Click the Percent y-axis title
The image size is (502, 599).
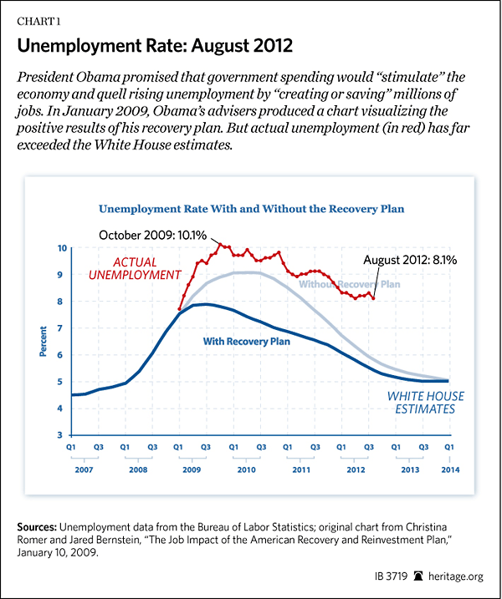pos(43,343)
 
